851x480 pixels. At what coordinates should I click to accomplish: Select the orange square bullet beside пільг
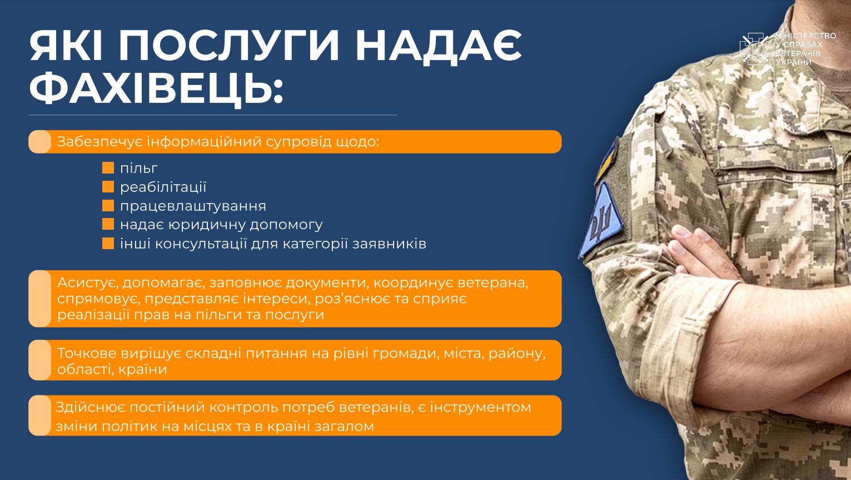[x=108, y=167]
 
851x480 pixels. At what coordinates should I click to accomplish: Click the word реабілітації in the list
[x=163, y=187]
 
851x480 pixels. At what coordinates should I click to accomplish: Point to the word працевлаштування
[x=193, y=206]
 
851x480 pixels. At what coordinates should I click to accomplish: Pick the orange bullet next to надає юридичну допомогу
[x=108, y=224]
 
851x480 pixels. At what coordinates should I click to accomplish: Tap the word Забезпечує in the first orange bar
[x=100, y=141]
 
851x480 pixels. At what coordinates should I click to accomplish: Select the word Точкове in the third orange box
[x=87, y=353]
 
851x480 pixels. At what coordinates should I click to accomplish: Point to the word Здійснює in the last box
[x=90, y=407]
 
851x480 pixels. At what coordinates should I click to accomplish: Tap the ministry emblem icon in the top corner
[x=755, y=49]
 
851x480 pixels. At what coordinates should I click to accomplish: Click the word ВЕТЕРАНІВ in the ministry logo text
[x=798, y=53]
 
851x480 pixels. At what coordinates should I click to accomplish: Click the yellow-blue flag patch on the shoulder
[x=608, y=161]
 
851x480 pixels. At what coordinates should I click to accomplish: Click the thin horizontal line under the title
[x=213, y=115]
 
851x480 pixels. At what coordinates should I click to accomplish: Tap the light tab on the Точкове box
[x=39, y=360]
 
